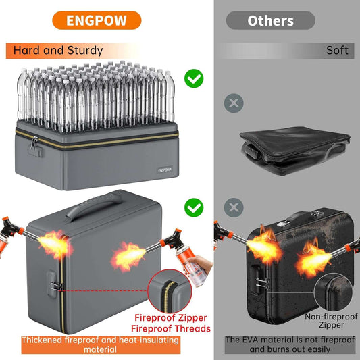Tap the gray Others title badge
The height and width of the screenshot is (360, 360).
pyautogui.click(x=270, y=20)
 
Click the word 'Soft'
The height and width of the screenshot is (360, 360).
pyautogui.click(x=337, y=51)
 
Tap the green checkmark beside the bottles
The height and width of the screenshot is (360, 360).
pyautogui.click(x=195, y=80)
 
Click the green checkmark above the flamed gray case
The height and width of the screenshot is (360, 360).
pyautogui.click(x=195, y=206)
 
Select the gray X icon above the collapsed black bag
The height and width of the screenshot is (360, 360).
pyautogui.click(x=233, y=103)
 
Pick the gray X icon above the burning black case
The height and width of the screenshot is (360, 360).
pyautogui.click(x=233, y=206)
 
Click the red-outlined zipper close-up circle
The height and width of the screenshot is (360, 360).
pyautogui.click(x=172, y=291)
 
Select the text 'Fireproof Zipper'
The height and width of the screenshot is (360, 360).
pyautogui.click(x=171, y=317)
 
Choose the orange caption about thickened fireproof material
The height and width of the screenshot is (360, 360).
pyautogui.click(x=100, y=344)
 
